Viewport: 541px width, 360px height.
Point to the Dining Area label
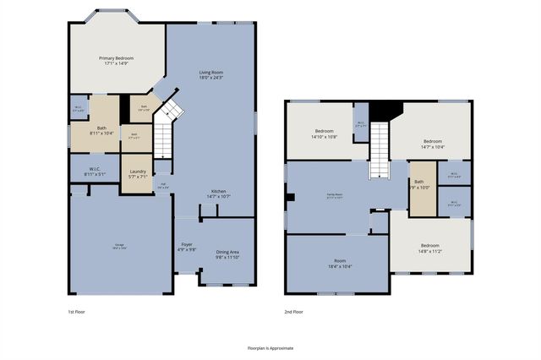tap(227, 253)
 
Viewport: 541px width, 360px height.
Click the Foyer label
tap(187, 246)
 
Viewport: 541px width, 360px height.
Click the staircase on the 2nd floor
tap(380, 149)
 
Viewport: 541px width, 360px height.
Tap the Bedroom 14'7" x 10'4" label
tap(433, 144)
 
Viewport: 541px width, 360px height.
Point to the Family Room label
tap(340, 196)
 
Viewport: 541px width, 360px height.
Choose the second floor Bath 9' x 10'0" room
tap(419, 185)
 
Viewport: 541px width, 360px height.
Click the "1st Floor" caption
tap(79, 312)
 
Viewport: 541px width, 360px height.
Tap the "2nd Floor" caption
tap(295, 312)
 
